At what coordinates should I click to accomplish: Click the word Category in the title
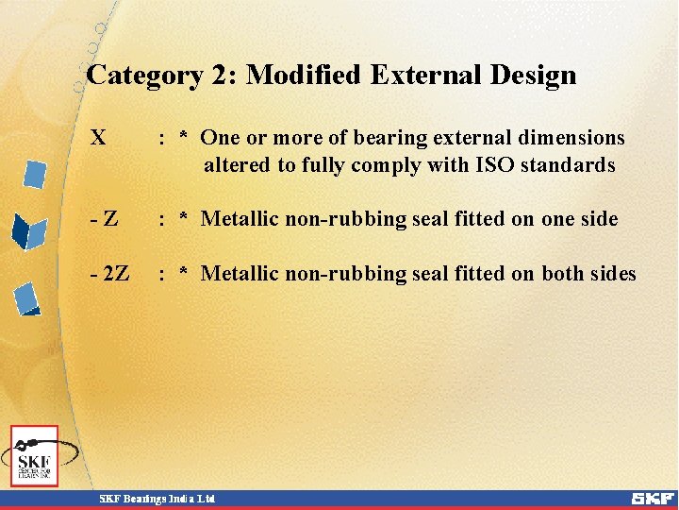tap(143, 76)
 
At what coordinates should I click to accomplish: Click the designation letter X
tap(97, 138)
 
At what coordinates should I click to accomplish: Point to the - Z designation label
tap(104, 219)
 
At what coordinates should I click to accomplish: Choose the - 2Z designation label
tap(110, 274)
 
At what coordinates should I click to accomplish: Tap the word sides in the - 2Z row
tap(614, 274)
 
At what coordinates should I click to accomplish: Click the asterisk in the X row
tap(184, 138)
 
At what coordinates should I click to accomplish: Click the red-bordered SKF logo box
tap(34, 456)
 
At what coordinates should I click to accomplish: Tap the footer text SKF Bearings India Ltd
tap(158, 498)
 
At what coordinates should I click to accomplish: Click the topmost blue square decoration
tap(35, 174)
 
